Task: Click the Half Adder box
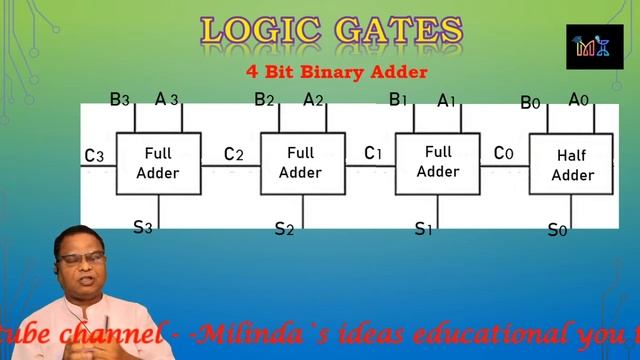click(573, 165)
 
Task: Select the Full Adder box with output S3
click(158, 163)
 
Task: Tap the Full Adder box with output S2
click(300, 162)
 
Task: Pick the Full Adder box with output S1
click(438, 162)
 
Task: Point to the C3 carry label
click(94, 155)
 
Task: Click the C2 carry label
click(233, 154)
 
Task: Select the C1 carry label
click(373, 153)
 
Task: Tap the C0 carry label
click(504, 153)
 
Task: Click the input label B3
click(119, 99)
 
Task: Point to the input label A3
click(166, 99)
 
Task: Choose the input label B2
click(264, 99)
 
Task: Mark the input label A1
click(447, 100)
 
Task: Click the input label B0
click(531, 102)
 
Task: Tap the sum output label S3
click(143, 226)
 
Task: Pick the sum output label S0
click(557, 230)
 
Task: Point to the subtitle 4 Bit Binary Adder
click(337, 72)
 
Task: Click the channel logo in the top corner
click(594, 47)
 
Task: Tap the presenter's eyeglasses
click(81, 258)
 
